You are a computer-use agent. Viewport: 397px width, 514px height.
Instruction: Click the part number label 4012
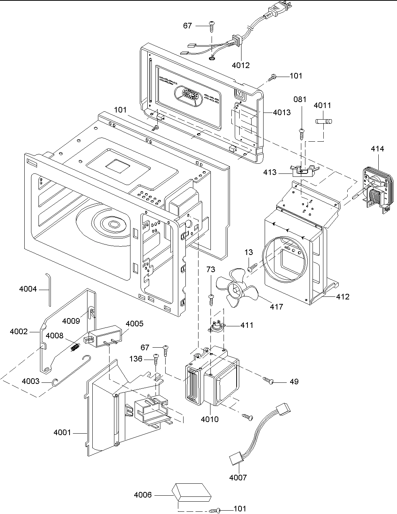[x=240, y=65]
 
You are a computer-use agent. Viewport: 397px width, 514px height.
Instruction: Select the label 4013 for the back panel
[x=281, y=112]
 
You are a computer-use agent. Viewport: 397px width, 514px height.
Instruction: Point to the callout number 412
[x=342, y=296]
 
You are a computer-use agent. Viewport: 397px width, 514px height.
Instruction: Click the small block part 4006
[x=191, y=492]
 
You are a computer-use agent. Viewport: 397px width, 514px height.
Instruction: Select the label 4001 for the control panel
[x=62, y=433]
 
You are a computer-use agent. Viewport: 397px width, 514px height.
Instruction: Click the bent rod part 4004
[x=49, y=289]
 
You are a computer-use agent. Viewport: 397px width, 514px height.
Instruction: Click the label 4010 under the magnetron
[x=209, y=419]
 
